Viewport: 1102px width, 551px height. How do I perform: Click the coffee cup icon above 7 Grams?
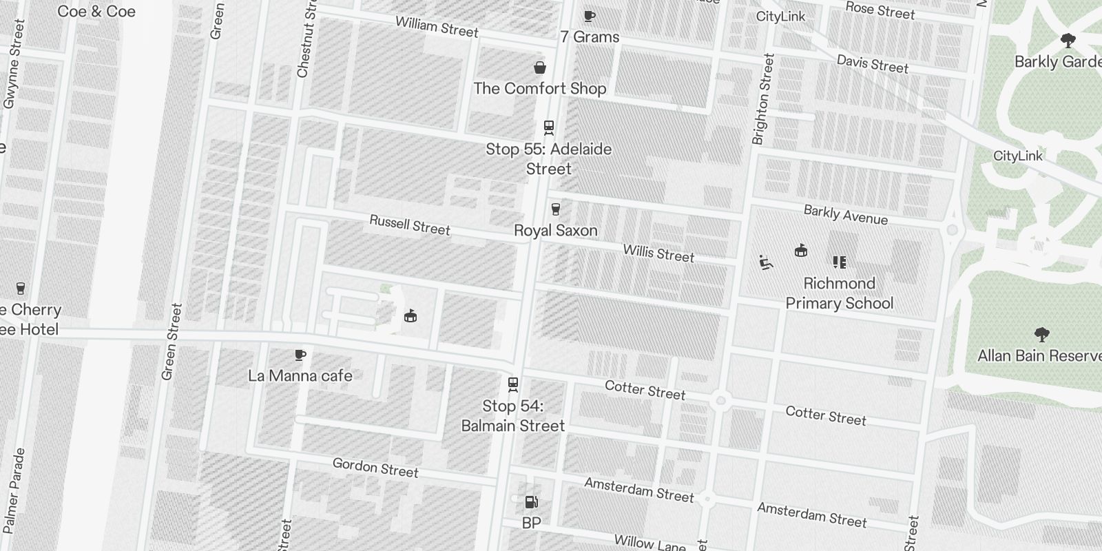coord(589,16)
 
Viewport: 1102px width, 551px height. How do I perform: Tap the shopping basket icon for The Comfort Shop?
coord(541,67)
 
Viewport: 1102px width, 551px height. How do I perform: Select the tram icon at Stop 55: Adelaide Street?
coord(549,127)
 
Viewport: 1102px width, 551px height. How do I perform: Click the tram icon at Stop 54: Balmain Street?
coord(513,384)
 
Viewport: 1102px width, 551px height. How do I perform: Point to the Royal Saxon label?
coord(556,231)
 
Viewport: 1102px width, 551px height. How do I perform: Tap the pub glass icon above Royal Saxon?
coord(556,209)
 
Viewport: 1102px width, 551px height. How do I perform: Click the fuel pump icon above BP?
coord(531,502)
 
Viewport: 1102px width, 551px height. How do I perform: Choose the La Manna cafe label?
coord(300,376)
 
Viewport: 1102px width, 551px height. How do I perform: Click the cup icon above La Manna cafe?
coord(300,355)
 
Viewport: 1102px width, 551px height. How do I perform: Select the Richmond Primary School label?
coord(840,293)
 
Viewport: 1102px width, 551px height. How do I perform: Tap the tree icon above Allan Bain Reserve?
coord(1041,335)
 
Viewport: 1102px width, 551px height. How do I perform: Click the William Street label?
coord(437,27)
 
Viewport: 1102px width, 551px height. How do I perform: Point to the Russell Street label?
coord(410,225)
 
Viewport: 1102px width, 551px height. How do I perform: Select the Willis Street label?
coord(658,253)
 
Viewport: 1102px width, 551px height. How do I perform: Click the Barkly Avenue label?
coord(846,215)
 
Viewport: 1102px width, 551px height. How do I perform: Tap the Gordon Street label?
coord(375,468)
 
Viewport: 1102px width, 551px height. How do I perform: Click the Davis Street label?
coord(873,64)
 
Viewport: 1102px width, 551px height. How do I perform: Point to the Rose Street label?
coord(880,10)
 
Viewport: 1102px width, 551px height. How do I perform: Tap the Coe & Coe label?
coord(96,12)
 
